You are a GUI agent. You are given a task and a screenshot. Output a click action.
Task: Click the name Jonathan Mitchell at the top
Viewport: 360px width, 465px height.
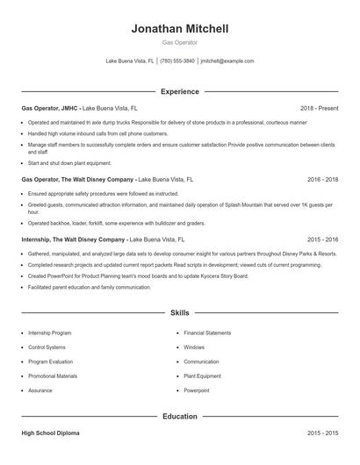coord(180,29)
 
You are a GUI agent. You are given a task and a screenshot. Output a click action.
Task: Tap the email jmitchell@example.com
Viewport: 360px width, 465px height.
coord(227,61)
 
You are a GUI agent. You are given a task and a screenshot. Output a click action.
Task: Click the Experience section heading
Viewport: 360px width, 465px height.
coord(180,91)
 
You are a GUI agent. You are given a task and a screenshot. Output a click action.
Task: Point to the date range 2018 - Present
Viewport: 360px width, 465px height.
coord(319,108)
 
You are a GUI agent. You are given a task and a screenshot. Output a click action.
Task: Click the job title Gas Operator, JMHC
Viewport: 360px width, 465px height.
coord(51,108)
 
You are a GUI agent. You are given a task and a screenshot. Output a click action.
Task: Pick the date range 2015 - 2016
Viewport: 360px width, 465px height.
coord(322,239)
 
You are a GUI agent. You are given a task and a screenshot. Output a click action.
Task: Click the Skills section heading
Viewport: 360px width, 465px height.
coord(180,312)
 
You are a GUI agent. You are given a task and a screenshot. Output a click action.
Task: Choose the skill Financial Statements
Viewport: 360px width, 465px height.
coord(207,333)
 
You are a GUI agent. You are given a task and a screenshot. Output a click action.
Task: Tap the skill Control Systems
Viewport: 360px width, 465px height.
coord(47,347)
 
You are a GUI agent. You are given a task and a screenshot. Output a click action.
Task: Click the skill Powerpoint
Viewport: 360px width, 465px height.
coord(197,390)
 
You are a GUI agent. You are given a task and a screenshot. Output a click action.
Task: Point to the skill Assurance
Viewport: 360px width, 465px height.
coord(40,390)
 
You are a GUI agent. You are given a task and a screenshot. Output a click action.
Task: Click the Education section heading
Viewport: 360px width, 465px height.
coord(180,416)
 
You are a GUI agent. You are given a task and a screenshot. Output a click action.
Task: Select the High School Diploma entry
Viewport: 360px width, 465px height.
coord(52,433)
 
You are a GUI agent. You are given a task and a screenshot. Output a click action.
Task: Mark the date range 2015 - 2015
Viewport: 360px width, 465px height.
coord(322,433)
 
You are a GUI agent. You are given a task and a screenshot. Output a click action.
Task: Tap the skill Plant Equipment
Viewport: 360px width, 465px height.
coord(202,376)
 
